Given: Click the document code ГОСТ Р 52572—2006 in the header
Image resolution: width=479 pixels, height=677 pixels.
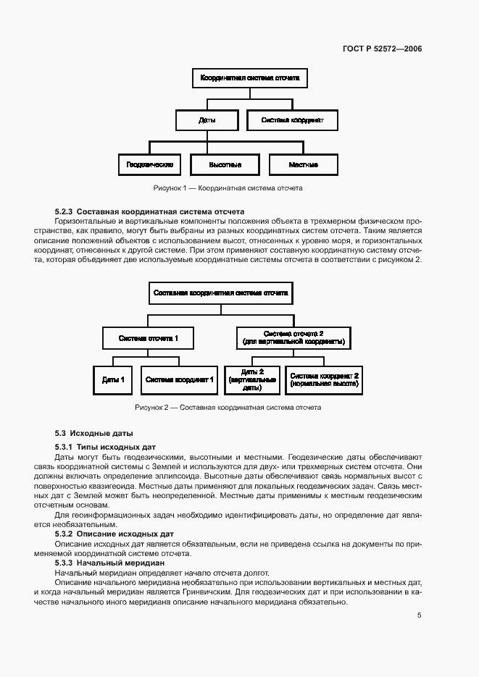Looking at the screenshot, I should coord(382,49).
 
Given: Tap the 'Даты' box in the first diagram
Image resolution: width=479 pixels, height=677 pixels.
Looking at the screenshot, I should coord(207,120).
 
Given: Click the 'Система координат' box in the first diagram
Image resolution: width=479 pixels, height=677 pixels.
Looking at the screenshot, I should coord(292,120).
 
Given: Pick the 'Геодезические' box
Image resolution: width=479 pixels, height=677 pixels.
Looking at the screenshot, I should coord(149,165).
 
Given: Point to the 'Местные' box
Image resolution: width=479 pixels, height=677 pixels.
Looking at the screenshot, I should coord(303,165).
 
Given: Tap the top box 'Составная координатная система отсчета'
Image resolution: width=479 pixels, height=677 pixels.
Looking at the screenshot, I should coord(221,294).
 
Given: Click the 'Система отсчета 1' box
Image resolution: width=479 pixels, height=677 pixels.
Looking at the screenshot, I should coord(148,337).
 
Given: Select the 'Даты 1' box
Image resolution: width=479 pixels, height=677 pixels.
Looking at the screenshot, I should coord(113,379).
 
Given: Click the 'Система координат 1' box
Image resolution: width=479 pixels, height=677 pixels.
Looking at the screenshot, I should coord(178,379).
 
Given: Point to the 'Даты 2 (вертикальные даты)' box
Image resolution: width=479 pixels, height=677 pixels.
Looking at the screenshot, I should coord(251,379).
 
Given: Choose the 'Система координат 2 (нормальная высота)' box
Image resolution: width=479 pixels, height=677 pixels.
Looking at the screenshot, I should coord(324,379).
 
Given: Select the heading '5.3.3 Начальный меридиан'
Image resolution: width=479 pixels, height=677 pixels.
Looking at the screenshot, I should coord(110,563).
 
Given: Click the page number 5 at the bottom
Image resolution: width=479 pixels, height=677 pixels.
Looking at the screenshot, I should coord(419,615).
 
